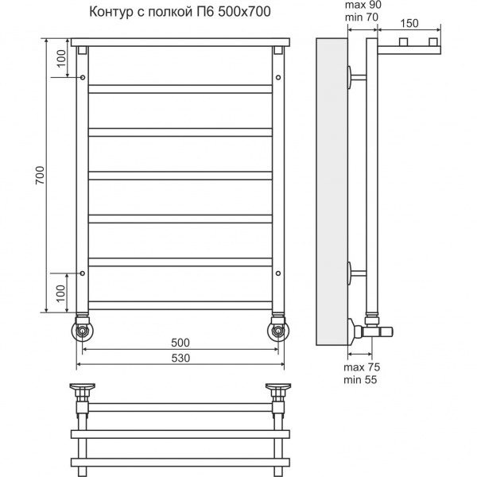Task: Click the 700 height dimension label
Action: pyautogui.click(x=41, y=175)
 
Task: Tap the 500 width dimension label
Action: pyautogui.click(x=180, y=343)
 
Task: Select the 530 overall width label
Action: pyautogui.click(x=180, y=358)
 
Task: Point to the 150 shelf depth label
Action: pyautogui.click(x=409, y=23)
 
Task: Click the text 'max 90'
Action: pyautogui.click(x=363, y=5)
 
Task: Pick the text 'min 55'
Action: pyautogui.click(x=360, y=380)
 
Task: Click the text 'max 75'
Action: pyautogui.click(x=362, y=367)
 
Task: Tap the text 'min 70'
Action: pyautogui.click(x=362, y=17)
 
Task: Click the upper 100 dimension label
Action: pyautogui.click(x=61, y=58)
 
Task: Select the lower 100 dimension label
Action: pyautogui.click(x=61, y=293)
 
